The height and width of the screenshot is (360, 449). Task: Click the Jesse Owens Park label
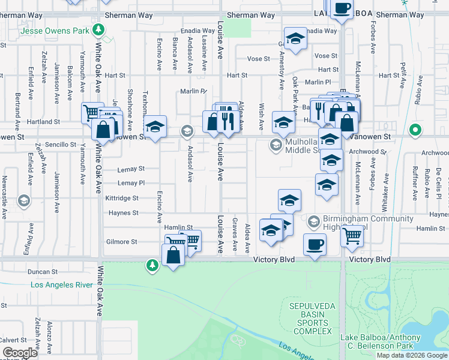pos(55,30)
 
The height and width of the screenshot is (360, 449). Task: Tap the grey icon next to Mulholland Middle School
pos(276,144)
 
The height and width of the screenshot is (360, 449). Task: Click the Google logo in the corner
pos(20,353)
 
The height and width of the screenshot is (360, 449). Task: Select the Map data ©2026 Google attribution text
pos(412,355)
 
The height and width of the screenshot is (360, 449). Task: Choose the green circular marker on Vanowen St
pos(415,130)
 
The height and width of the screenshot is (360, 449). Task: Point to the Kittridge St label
pos(121,198)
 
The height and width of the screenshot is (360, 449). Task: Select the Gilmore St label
pos(122,242)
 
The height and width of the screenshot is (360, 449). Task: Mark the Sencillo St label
pos(61,145)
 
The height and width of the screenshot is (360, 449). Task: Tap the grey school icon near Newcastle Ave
pos(24,200)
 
